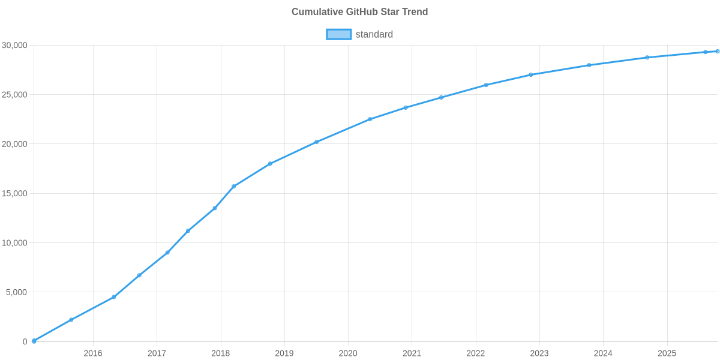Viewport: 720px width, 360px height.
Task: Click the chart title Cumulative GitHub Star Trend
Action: point(359,12)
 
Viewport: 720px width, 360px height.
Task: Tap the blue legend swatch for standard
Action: point(338,34)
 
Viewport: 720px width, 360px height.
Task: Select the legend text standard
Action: point(374,34)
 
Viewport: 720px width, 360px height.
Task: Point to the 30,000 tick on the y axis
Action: point(15,46)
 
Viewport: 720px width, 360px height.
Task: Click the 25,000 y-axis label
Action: point(15,95)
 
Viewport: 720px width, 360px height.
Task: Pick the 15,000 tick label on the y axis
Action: point(15,194)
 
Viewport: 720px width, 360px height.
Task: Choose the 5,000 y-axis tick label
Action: point(17,292)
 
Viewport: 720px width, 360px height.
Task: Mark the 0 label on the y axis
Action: point(25,342)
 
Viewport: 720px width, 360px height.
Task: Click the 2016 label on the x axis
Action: point(93,353)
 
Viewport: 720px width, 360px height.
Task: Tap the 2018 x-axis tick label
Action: point(220,353)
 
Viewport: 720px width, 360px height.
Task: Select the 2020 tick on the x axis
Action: point(348,353)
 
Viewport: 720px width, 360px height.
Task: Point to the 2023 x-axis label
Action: point(539,353)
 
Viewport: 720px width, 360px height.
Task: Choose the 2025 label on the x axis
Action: point(667,353)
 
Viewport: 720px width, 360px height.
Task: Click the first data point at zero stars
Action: point(34,341)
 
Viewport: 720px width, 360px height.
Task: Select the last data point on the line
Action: point(717,52)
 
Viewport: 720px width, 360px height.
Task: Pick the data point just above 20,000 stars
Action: point(316,142)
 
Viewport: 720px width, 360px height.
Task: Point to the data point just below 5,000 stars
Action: point(113,297)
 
